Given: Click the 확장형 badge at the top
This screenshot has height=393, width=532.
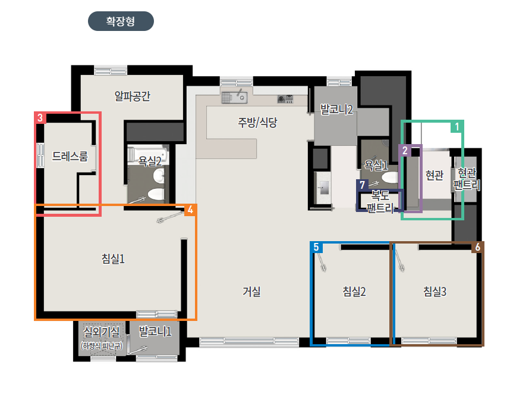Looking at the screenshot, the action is click(x=121, y=21).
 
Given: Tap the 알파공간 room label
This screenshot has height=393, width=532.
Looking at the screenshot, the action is click(x=133, y=96).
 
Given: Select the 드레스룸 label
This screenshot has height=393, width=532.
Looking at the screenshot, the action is click(x=70, y=156).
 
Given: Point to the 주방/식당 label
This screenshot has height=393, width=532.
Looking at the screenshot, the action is click(x=257, y=122).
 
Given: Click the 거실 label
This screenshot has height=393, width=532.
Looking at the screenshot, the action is click(x=251, y=291).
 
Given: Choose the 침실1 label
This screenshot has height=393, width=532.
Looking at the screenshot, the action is click(x=113, y=258).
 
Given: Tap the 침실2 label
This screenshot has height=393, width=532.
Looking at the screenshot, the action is click(x=354, y=291).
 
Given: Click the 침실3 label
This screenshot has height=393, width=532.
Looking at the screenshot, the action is click(x=435, y=291).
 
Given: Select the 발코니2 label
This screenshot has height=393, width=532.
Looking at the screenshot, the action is click(x=336, y=109).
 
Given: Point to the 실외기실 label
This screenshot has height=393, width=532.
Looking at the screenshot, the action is click(x=102, y=332).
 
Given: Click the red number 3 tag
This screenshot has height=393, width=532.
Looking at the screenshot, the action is click(x=40, y=118).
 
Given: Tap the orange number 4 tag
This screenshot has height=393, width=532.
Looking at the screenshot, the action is click(x=190, y=210).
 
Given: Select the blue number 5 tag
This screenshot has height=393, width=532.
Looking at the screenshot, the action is click(x=316, y=247).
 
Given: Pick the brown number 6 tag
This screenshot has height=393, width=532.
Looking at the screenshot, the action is click(x=478, y=247).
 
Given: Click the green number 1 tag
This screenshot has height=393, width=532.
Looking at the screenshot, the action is click(x=457, y=127).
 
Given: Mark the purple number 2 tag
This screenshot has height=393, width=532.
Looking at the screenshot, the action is click(x=405, y=151).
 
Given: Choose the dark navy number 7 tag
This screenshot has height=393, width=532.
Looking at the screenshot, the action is click(x=363, y=185).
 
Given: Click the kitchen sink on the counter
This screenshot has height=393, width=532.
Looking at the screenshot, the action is click(x=234, y=98).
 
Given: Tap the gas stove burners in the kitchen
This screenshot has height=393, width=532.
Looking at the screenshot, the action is click(x=285, y=99).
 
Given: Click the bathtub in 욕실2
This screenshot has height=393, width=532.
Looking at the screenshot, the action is click(x=148, y=154).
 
